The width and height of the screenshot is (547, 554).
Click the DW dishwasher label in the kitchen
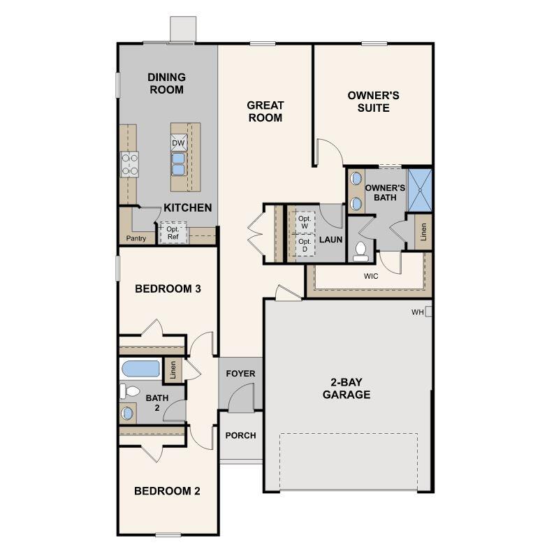[178, 143]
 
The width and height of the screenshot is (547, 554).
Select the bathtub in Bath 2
[141, 368]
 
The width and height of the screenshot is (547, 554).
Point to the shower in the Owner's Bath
[420, 190]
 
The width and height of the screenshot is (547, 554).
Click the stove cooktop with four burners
[129, 164]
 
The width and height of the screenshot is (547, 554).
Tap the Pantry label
[136, 238]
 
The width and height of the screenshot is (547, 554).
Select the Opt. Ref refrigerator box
[172, 233]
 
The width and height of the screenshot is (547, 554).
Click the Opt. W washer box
[304, 223]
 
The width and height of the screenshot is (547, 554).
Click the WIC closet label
[371, 277]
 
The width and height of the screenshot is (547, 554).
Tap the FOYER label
[240, 374]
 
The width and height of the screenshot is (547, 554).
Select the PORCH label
[240, 435]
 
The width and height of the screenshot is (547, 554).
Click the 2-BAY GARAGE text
[346, 388]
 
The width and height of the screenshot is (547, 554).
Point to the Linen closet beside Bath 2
[173, 371]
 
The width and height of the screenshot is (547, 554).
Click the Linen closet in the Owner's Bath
[423, 231]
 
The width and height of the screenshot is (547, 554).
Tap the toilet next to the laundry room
[360, 249]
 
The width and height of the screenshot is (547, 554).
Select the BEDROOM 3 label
[168, 289]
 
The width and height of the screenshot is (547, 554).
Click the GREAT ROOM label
[265, 112]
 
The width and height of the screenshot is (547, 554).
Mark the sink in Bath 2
[128, 413]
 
